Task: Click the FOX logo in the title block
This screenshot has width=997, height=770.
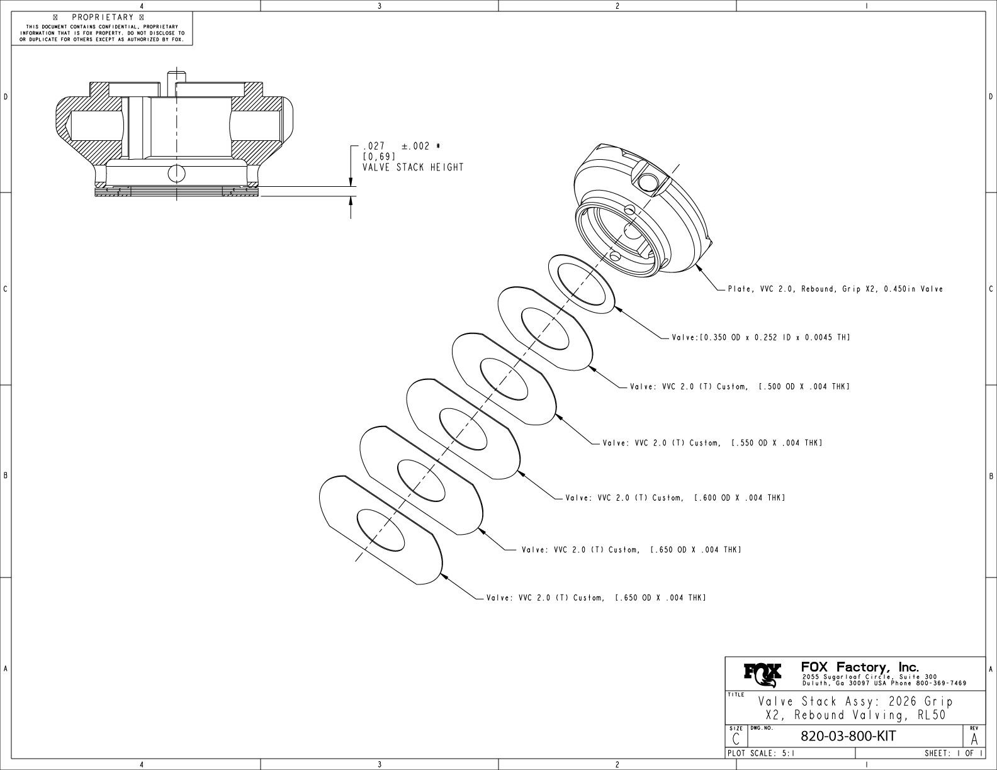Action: tap(763, 674)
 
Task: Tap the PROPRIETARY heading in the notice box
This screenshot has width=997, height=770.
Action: tap(103, 17)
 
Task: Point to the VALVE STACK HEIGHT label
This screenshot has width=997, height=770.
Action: tap(413, 167)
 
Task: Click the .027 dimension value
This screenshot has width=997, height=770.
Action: tap(375, 146)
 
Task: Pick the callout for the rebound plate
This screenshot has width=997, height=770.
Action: tap(835, 289)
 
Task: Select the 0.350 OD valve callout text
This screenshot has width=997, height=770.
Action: tap(761, 338)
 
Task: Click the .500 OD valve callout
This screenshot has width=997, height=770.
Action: tap(740, 386)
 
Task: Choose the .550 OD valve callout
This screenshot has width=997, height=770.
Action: tap(713, 443)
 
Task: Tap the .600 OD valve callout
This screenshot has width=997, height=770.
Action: tap(675, 498)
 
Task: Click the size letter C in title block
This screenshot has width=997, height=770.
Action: tap(736, 739)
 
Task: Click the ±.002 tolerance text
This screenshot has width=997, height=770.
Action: tap(420, 146)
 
